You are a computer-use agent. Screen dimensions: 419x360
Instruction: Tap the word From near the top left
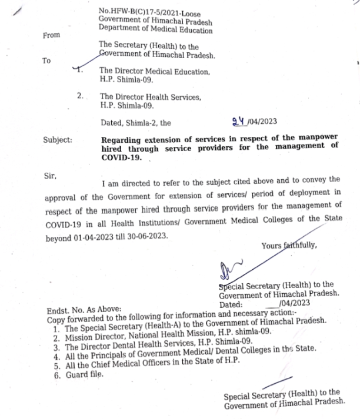point(51,36)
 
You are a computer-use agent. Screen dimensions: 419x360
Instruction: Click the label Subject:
point(58,140)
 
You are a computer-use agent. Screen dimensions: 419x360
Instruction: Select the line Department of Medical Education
point(155,29)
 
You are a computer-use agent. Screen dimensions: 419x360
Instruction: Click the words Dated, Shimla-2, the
point(135,123)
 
